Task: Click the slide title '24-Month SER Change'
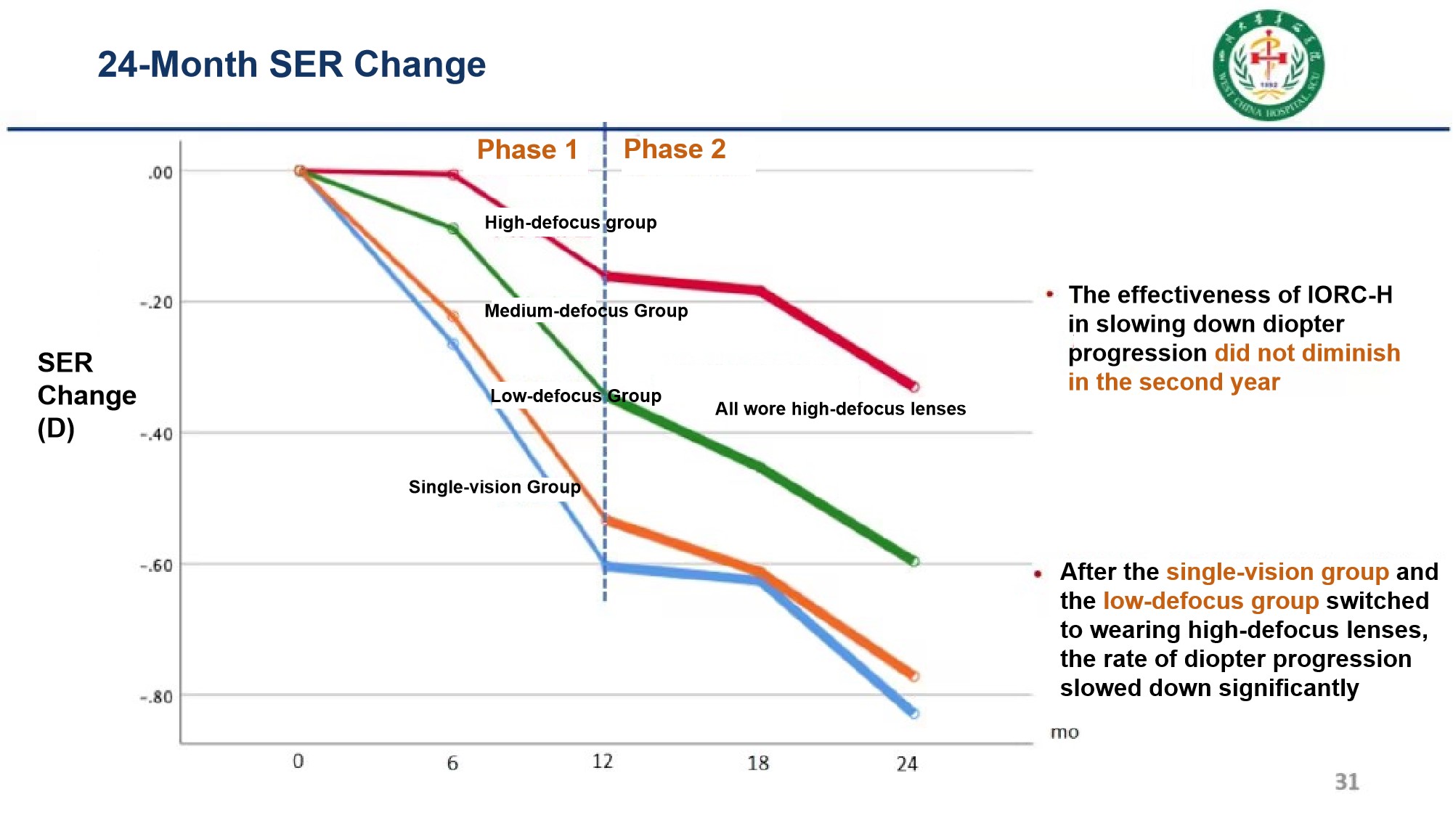(291, 65)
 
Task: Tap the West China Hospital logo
(1268, 65)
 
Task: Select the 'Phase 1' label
(527, 150)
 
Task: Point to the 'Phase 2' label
(675, 149)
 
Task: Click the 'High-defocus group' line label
(570, 222)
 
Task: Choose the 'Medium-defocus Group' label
(586, 311)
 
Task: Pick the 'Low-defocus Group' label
(575, 396)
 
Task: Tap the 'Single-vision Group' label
(494, 486)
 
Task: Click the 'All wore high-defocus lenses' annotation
(840, 409)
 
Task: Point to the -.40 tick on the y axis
(156, 434)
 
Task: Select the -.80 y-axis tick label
(156, 697)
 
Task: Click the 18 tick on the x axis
(757, 763)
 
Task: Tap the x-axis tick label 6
(452, 763)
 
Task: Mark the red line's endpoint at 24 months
(914, 388)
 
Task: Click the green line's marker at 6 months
(453, 229)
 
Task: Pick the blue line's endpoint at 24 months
(913, 713)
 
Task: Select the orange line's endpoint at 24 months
(913, 676)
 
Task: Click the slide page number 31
(1346, 782)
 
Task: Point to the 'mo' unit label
(1064, 732)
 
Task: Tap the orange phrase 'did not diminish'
(1307, 353)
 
